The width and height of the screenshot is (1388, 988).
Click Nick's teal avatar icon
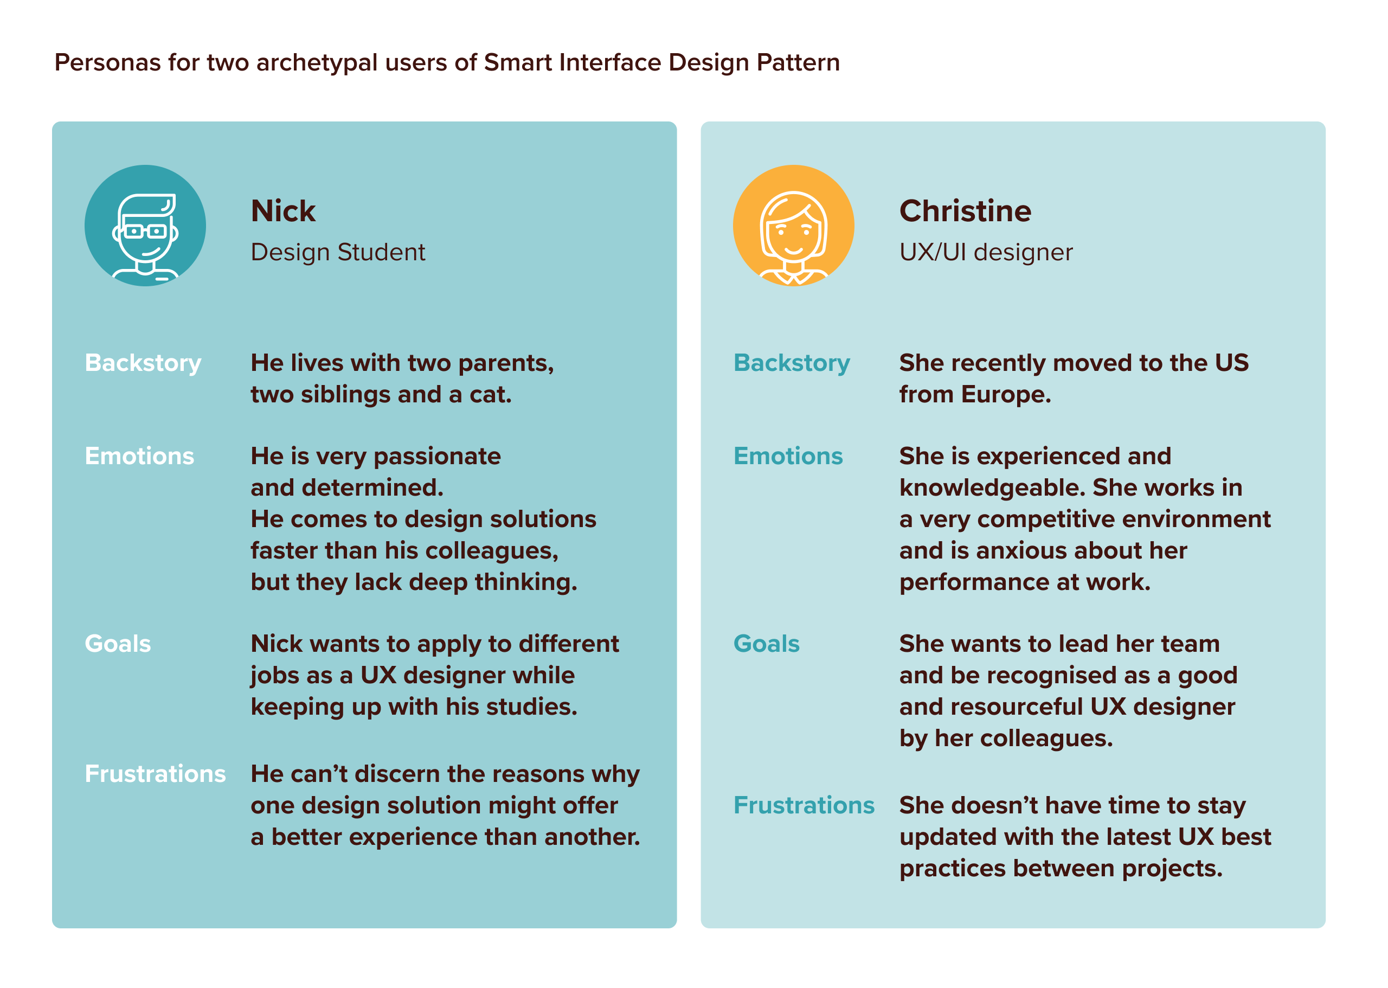click(x=145, y=225)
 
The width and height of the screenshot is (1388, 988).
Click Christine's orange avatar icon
click(x=793, y=225)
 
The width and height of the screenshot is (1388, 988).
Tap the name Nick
click(x=283, y=211)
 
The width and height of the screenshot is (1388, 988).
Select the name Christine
click(x=965, y=211)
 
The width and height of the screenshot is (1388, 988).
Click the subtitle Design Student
click(x=338, y=252)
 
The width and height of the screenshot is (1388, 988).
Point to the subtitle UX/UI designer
click(x=985, y=252)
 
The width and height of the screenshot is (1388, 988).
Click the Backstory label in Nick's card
click(x=143, y=363)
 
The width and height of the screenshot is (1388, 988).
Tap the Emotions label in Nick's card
click(x=139, y=456)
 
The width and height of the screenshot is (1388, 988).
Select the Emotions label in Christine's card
click(x=788, y=456)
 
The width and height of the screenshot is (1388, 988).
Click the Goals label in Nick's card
click(x=118, y=644)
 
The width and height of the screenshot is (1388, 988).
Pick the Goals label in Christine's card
click(x=766, y=644)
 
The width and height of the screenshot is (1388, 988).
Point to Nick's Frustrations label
click(x=155, y=774)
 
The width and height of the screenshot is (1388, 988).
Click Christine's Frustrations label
click(x=804, y=805)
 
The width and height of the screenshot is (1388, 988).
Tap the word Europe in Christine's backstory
click(x=1005, y=395)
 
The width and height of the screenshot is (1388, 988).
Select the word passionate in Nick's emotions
click(x=436, y=456)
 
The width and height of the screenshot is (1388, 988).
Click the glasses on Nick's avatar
click(x=145, y=231)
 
